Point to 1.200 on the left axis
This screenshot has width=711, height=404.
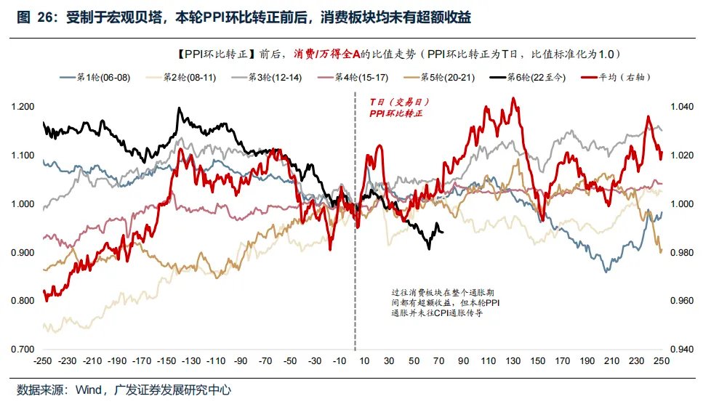23,107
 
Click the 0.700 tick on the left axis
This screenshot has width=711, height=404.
23,350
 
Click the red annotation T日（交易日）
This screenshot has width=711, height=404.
393,103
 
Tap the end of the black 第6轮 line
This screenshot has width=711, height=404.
443,232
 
